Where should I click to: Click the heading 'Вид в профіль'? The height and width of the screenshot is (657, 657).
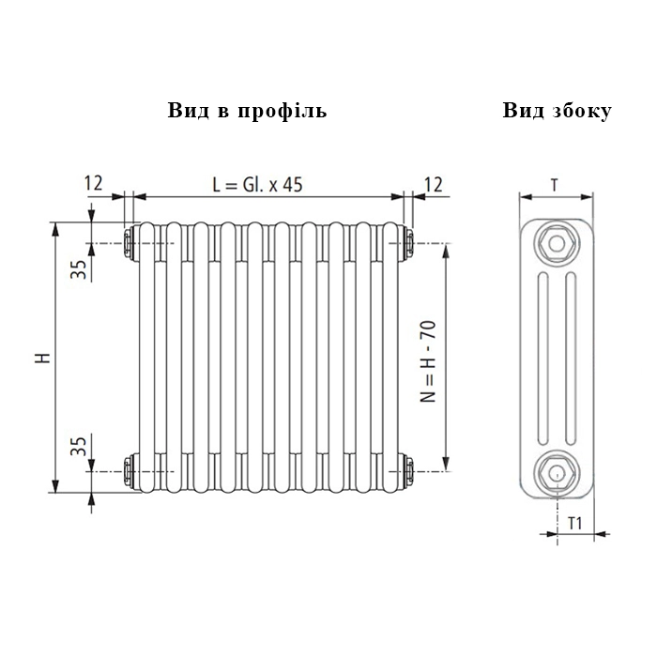tap(247, 111)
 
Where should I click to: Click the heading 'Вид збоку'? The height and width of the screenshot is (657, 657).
tap(558, 111)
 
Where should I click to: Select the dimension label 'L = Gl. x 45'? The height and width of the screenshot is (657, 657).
tap(257, 184)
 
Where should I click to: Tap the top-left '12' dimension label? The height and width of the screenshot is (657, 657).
tap(94, 183)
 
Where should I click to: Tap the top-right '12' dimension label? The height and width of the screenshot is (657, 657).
tap(434, 184)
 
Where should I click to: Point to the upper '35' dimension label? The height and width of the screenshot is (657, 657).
tap(78, 269)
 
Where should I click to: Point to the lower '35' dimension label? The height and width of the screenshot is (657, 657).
tap(78, 446)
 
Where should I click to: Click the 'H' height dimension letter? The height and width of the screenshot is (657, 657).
tap(43, 358)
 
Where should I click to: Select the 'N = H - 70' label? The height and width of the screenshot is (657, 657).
tap(428, 361)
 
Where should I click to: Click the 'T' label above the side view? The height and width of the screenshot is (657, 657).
tap(555, 185)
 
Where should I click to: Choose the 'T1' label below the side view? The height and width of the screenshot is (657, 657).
tap(575, 524)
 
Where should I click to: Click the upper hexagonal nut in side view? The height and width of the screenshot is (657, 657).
tap(557, 243)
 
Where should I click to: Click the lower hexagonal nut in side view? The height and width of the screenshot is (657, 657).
tap(557, 472)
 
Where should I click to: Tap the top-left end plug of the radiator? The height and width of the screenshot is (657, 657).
tap(129, 242)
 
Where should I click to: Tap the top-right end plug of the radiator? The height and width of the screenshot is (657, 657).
tap(408, 242)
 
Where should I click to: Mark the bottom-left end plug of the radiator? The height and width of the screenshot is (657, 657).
tap(129, 471)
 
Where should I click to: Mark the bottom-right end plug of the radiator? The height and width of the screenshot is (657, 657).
tap(408, 471)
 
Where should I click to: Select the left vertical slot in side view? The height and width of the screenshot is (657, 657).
tap(542, 359)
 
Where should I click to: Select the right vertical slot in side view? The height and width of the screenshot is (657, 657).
tap(571, 359)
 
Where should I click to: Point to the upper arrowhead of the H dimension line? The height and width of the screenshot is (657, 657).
tap(54, 229)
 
